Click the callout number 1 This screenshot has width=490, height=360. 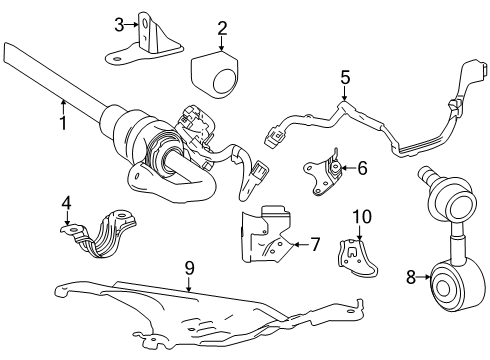[62, 125]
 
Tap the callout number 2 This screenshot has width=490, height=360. [222, 29]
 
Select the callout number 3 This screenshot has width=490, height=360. [118, 23]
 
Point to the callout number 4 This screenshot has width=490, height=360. [66, 205]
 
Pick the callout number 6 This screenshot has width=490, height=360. [362, 167]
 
